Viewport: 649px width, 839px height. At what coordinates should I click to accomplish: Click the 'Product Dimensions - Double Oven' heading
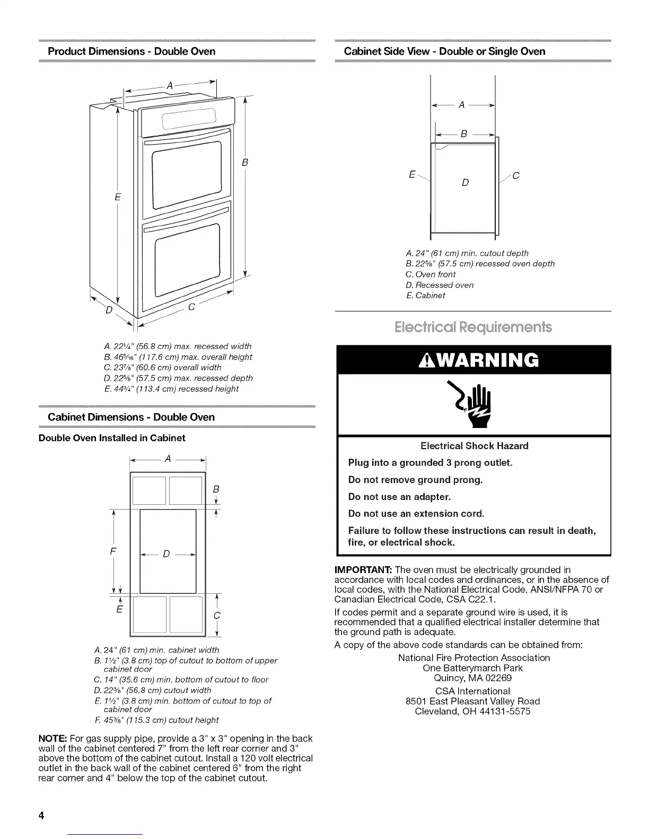pos(131,51)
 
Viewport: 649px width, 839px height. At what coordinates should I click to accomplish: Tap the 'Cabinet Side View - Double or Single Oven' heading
pos(444,51)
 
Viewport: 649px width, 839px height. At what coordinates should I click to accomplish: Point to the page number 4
pos(40,815)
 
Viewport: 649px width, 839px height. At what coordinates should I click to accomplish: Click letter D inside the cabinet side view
pos(465,183)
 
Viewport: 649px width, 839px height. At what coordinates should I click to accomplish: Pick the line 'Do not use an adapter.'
pos(399,497)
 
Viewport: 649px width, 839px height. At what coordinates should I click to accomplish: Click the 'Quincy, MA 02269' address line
pos(473,678)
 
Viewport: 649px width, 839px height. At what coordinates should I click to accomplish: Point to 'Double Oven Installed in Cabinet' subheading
pos(112,438)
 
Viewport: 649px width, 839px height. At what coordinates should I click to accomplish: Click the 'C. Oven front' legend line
pos(430,274)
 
